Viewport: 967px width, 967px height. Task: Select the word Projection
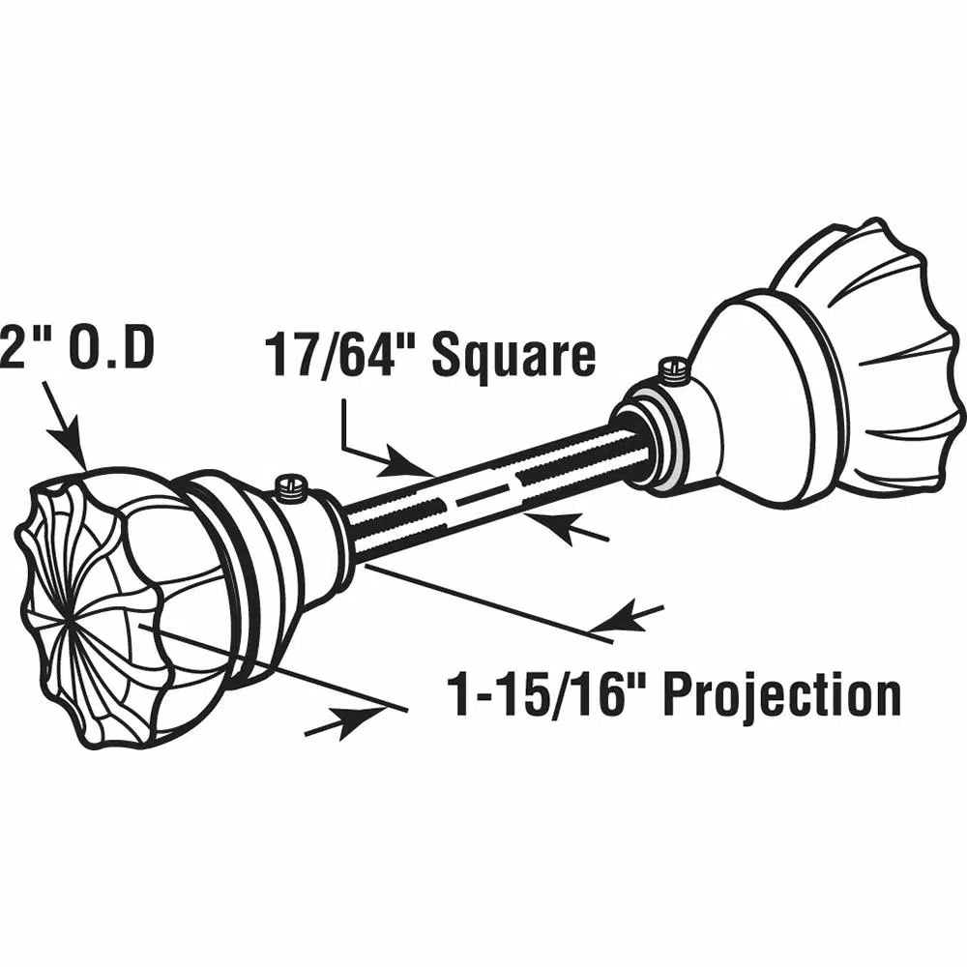[782, 696]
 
